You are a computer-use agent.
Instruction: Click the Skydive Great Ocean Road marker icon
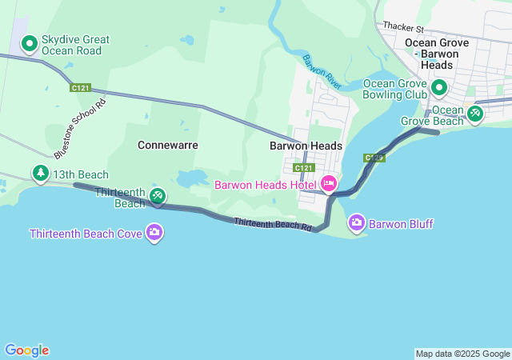(30, 44)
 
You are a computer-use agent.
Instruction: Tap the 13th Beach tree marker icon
(40, 173)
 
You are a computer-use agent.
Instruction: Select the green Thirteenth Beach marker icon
(158, 195)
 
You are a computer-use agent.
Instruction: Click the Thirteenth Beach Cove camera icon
(154, 234)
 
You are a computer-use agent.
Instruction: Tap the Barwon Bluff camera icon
(356, 223)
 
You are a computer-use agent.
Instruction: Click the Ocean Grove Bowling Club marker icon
(439, 86)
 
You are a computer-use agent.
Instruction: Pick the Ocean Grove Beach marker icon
(475, 114)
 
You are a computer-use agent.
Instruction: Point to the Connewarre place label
(167, 146)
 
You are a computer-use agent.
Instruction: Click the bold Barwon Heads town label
(305, 146)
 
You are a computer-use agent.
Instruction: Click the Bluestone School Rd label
(80, 129)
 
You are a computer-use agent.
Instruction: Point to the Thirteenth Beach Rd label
(273, 225)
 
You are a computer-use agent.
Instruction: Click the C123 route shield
(374, 158)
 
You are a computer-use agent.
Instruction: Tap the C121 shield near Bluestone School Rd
(80, 87)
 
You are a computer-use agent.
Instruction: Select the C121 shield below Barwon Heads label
(303, 168)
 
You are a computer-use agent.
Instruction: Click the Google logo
(26, 350)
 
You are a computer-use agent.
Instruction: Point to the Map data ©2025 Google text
(462, 354)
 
